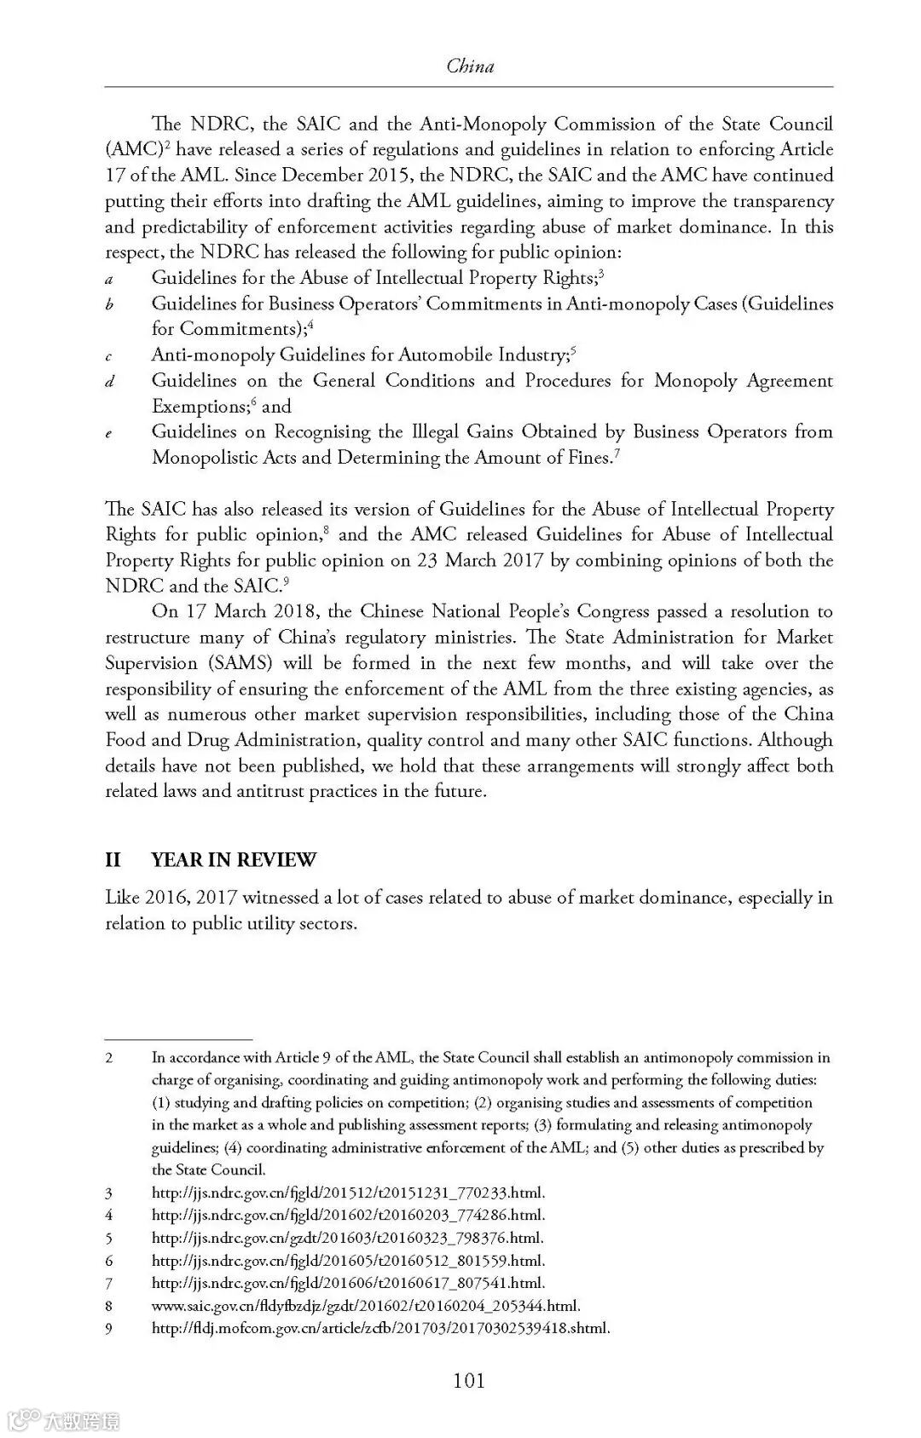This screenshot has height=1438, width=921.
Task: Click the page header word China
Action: pyautogui.click(x=470, y=66)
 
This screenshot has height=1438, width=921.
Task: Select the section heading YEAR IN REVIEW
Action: pyautogui.click(x=233, y=859)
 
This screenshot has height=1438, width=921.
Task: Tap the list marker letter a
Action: pyautogui.click(x=109, y=279)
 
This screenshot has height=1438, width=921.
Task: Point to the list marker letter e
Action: pyautogui.click(x=109, y=434)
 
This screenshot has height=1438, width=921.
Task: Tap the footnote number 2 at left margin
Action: pyautogui.click(x=109, y=1058)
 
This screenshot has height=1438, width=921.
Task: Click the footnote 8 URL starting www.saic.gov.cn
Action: pyautogui.click(x=367, y=1305)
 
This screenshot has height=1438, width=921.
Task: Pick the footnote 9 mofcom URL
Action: pyautogui.click(x=380, y=1327)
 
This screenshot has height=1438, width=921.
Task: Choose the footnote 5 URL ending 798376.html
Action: pyautogui.click(x=347, y=1238)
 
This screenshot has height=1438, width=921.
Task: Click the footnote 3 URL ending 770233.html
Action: pyautogui.click(x=348, y=1193)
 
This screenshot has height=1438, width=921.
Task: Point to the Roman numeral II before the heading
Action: pyautogui.click(x=113, y=859)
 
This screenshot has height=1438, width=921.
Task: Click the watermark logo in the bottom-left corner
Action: pyautogui.click(x=64, y=1420)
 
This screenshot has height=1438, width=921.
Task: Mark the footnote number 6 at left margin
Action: pyautogui.click(x=109, y=1261)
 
